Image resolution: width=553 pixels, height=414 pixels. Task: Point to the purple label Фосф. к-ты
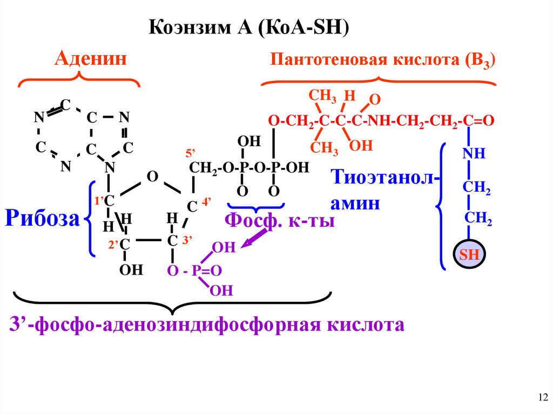click(x=279, y=220)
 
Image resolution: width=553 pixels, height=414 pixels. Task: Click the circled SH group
click(x=469, y=255)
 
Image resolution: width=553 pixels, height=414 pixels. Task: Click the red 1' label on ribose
click(x=99, y=200)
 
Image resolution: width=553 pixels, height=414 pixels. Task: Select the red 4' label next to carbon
click(x=206, y=201)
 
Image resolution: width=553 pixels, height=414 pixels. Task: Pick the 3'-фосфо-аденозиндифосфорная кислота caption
click(x=207, y=325)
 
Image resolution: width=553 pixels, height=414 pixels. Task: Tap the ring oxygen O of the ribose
click(x=152, y=177)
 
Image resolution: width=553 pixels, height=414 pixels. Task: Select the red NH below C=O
click(x=474, y=154)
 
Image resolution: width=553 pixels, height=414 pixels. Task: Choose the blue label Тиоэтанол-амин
click(x=383, y=189)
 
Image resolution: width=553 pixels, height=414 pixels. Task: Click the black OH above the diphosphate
click(x=249, y=141)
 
